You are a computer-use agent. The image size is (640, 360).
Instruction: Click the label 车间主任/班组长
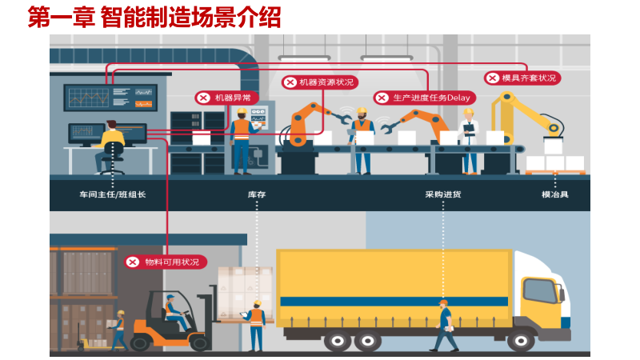tap(113, 194)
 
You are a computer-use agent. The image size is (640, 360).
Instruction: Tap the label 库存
tap(256, 194)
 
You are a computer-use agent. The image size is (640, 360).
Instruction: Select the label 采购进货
tap(442, 194)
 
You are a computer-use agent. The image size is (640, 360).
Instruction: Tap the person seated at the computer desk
tap(110, 144)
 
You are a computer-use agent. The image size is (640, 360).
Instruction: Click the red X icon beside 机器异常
tap(203, 98)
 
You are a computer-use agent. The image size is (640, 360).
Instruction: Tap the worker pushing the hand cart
tap(118, 328)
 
